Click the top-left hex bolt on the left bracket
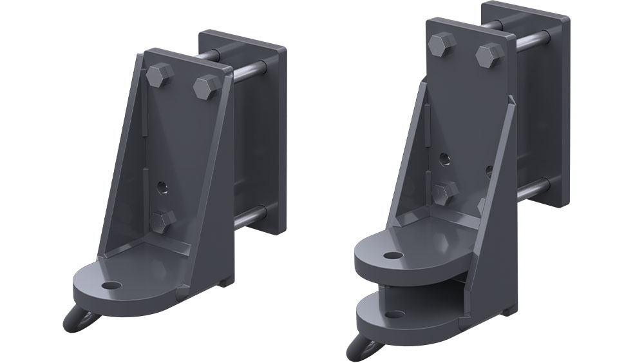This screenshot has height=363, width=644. [158, 75]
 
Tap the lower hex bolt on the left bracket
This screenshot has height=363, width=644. [163, 221]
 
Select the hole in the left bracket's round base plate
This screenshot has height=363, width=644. [111, 284]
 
